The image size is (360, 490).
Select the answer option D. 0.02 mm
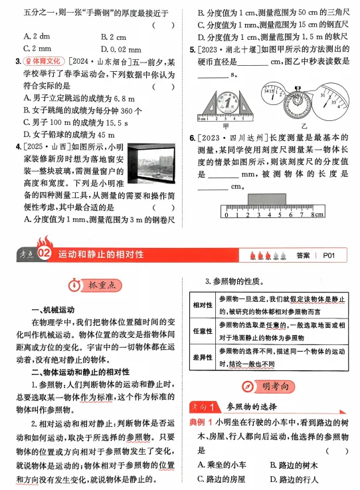(120, 49)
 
